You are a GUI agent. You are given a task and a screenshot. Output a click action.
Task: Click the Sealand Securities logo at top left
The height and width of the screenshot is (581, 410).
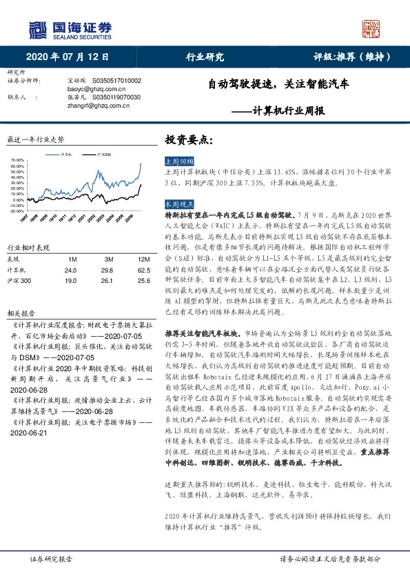(69, 28)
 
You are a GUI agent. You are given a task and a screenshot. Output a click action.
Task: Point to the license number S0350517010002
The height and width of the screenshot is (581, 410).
(114, 81)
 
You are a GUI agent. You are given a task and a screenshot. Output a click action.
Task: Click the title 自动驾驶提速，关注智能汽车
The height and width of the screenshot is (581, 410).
(279, 86)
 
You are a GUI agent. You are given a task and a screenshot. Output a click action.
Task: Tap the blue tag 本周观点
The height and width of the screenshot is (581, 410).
(178, 204)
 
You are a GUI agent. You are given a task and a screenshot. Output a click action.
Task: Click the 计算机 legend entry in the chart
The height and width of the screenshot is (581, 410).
(66, 154)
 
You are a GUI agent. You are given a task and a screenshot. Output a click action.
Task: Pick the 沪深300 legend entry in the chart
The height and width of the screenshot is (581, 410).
(103, 154)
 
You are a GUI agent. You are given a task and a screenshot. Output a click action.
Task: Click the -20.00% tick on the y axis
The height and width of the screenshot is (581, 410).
(17, 210)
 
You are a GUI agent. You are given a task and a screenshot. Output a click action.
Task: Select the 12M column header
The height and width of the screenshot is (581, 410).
(125, 259)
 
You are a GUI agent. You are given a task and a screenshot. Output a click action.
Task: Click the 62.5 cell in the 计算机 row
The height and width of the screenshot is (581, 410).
(125, 270)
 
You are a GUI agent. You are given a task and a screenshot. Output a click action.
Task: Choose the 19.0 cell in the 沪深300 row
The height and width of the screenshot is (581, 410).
(70, 281)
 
